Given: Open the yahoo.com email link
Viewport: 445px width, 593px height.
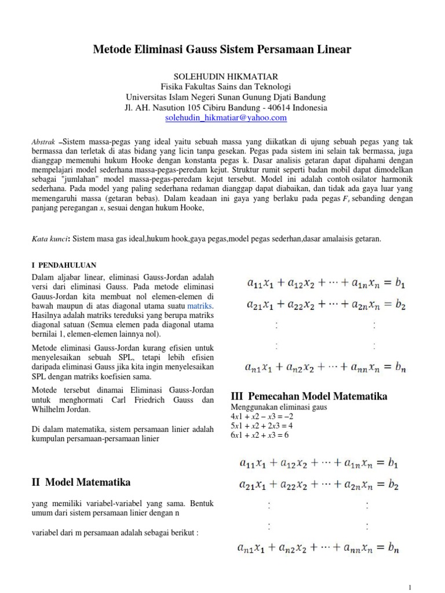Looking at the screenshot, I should tap(226, 118).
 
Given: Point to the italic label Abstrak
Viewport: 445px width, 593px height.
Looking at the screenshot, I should tap(43, 141).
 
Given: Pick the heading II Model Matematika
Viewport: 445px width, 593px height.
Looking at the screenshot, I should tap(80, 482).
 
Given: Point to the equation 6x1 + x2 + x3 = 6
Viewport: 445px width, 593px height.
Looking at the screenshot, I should tap(259, 435).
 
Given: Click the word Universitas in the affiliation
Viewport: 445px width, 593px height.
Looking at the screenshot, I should tap(146, 97).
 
